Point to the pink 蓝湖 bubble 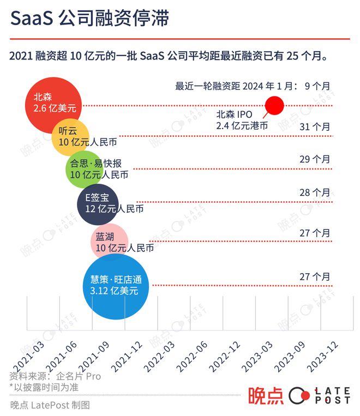coord(109,240)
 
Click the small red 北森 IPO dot coord(274,105)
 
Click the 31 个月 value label coord(315,126)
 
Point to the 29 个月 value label coord(315,159)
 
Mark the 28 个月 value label coord(315,192)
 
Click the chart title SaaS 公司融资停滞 coord(90,20)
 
